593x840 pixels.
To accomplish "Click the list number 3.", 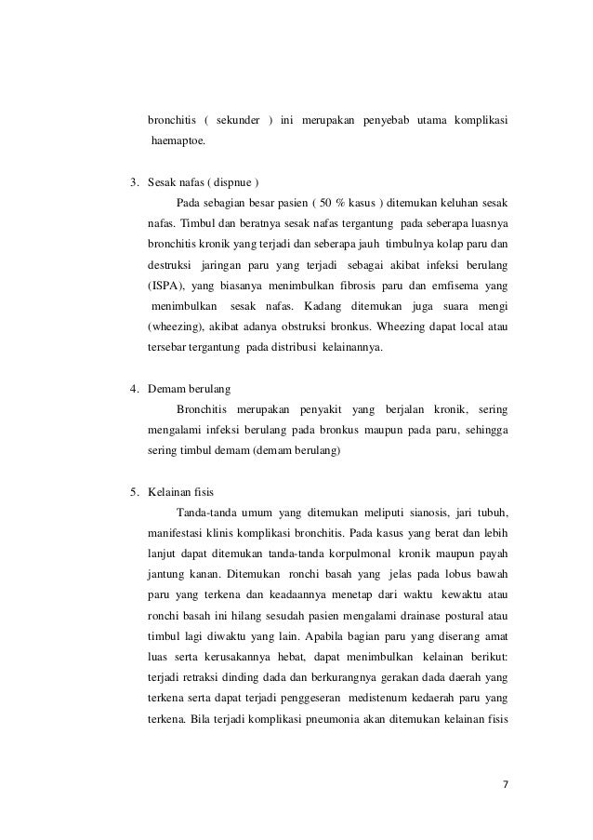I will coord(133,182).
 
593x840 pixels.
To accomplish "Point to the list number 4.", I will coord(133,386).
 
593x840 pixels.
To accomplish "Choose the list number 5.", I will coord(133,488).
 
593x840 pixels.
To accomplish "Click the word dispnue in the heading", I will coord(230,182).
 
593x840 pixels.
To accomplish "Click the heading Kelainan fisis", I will coord(186,488).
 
